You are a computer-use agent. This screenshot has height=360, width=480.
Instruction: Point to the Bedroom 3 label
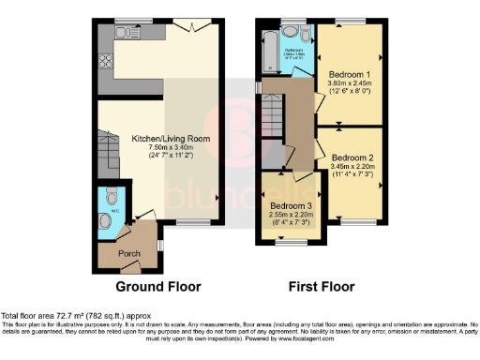click(x=291, y=205)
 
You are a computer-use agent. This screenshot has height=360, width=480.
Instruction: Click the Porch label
click(x=128, y=253)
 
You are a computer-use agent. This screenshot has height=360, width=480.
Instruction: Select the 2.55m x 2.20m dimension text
click(x=291, y=215)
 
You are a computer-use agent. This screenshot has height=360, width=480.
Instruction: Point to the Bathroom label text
click(x=293, y=50)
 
